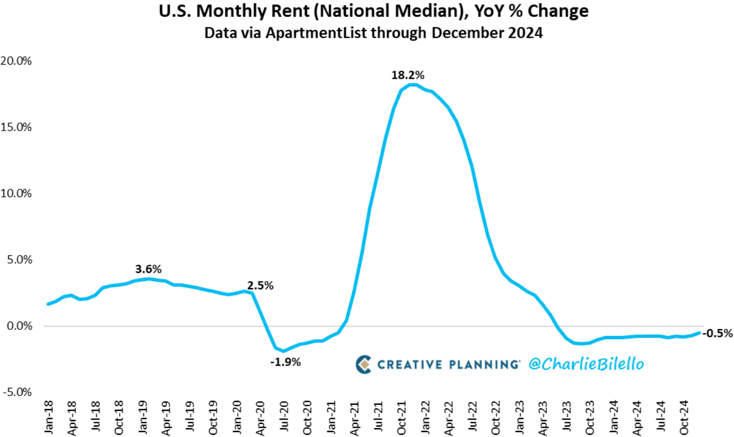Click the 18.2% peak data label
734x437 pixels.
pos(408,75)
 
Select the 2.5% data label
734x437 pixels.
pos(260,285)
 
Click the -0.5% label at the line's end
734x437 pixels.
pos(717,333)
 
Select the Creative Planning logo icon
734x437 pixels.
pos(363,364)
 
